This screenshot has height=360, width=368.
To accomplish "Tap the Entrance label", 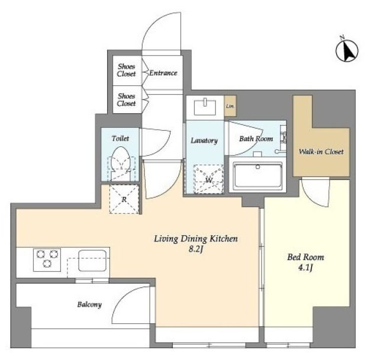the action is [x=163, y=73].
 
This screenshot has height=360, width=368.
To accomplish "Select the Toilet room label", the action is [x=120, y=139].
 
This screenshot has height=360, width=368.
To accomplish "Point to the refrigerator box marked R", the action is [x=124, y=199].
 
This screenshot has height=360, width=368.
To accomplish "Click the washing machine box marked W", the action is [x=208, y=179].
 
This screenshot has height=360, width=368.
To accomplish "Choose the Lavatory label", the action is [x=204, y=141].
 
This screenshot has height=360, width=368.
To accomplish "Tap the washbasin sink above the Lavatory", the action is [x=205, y=107].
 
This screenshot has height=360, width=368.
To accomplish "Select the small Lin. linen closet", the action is [x=230, y=106].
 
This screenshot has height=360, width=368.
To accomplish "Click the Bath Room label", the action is [x=256, y=139].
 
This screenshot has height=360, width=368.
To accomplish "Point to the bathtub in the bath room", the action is [x=258, y=175].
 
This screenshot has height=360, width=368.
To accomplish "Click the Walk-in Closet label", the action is [x=321, y=152].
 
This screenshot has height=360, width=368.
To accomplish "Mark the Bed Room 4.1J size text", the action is [x=305, y=268].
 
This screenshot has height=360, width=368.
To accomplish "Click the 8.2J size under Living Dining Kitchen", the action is [x=195, y=249].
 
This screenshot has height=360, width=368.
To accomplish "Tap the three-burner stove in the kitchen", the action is [x=47, y=260].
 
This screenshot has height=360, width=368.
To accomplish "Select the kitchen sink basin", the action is [x=92, y=261].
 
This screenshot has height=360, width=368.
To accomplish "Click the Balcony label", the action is [x=89, y=304].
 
